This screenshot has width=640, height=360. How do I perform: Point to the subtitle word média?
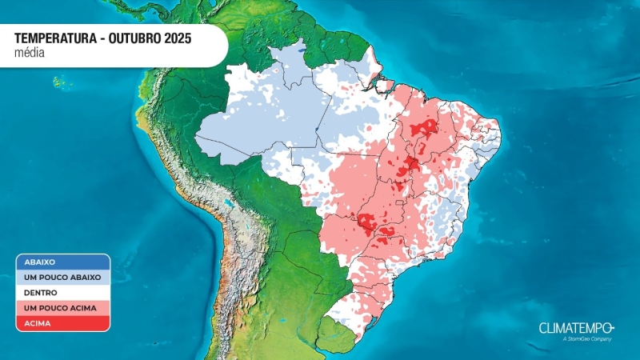click(29, 53)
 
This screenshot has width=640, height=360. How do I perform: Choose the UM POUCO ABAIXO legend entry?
click(62, 277)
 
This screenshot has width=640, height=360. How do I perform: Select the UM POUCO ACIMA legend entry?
click(61, 308)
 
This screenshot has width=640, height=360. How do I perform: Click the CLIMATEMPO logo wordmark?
click(572, 328)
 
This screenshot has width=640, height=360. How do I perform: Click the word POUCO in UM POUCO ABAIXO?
click(57, 277)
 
